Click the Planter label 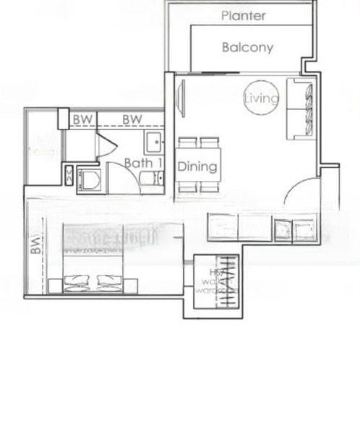[x=244, y=16]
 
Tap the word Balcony [x=247, y=48]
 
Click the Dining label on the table [x=197, y=167]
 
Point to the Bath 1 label [x=139, y=163]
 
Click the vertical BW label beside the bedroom [x=35, y=247]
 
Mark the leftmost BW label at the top [x=83, y=119]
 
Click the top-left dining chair [x=188, y=142]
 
